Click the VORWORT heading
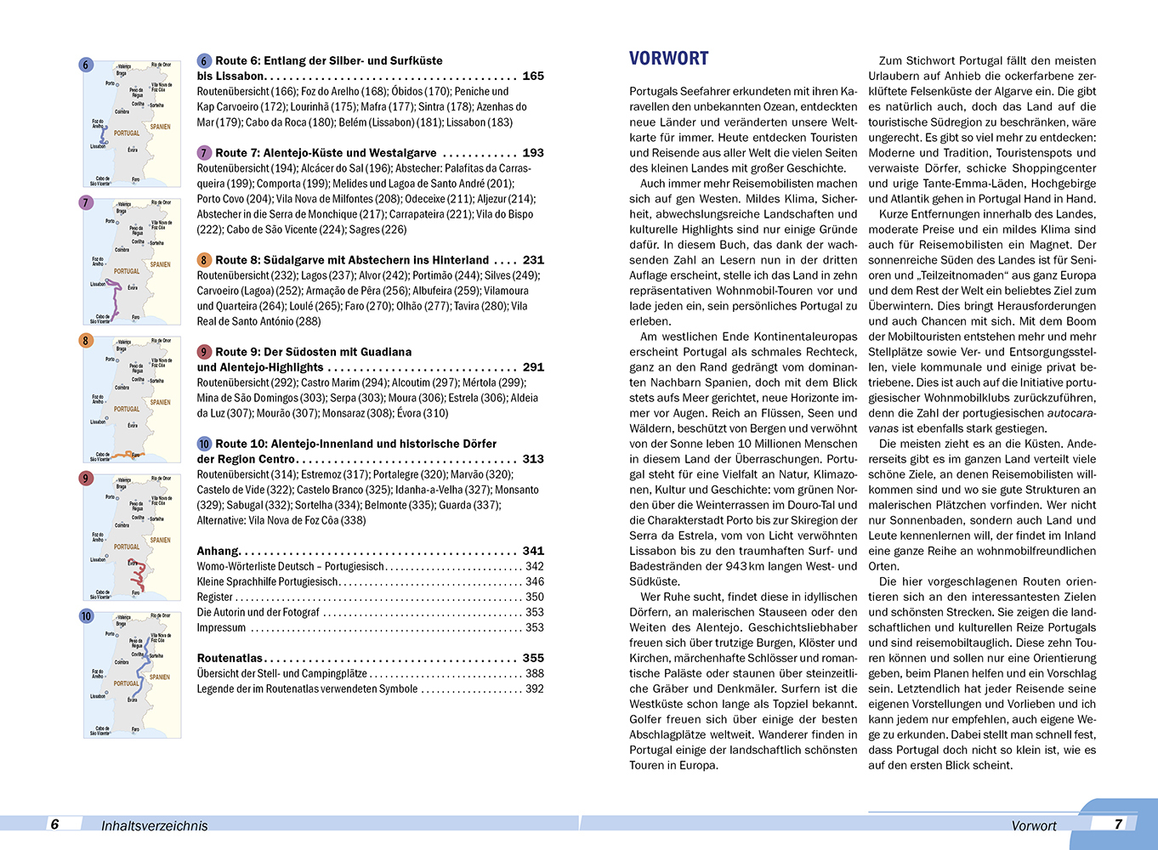[x=668, y=59]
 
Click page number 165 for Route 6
[x=533, y=76]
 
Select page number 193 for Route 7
[x=533, y=153]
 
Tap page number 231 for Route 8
[x=533, y=260]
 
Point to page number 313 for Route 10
[x=533, y=459]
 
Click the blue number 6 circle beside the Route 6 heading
[x=204, y=61]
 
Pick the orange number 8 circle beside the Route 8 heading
[x=204, y=260]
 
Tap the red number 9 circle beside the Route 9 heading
[x=204, y=352]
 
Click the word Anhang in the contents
[x=218, y=551]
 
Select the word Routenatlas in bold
[x=230, y=658]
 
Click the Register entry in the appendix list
[x=214, y=597]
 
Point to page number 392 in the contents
[x=534, y=688]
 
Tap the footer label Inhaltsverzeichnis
[x=154, y=825]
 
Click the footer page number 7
[x=1118, y=824]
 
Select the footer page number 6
[x=55, y=824]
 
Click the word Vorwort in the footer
[x=1033, y=825]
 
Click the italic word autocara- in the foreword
[x=1071, y=413]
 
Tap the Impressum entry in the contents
[x=221, y=627]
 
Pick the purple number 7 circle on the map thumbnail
[x=85, y=203]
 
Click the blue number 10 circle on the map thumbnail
[x=86, y=616]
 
